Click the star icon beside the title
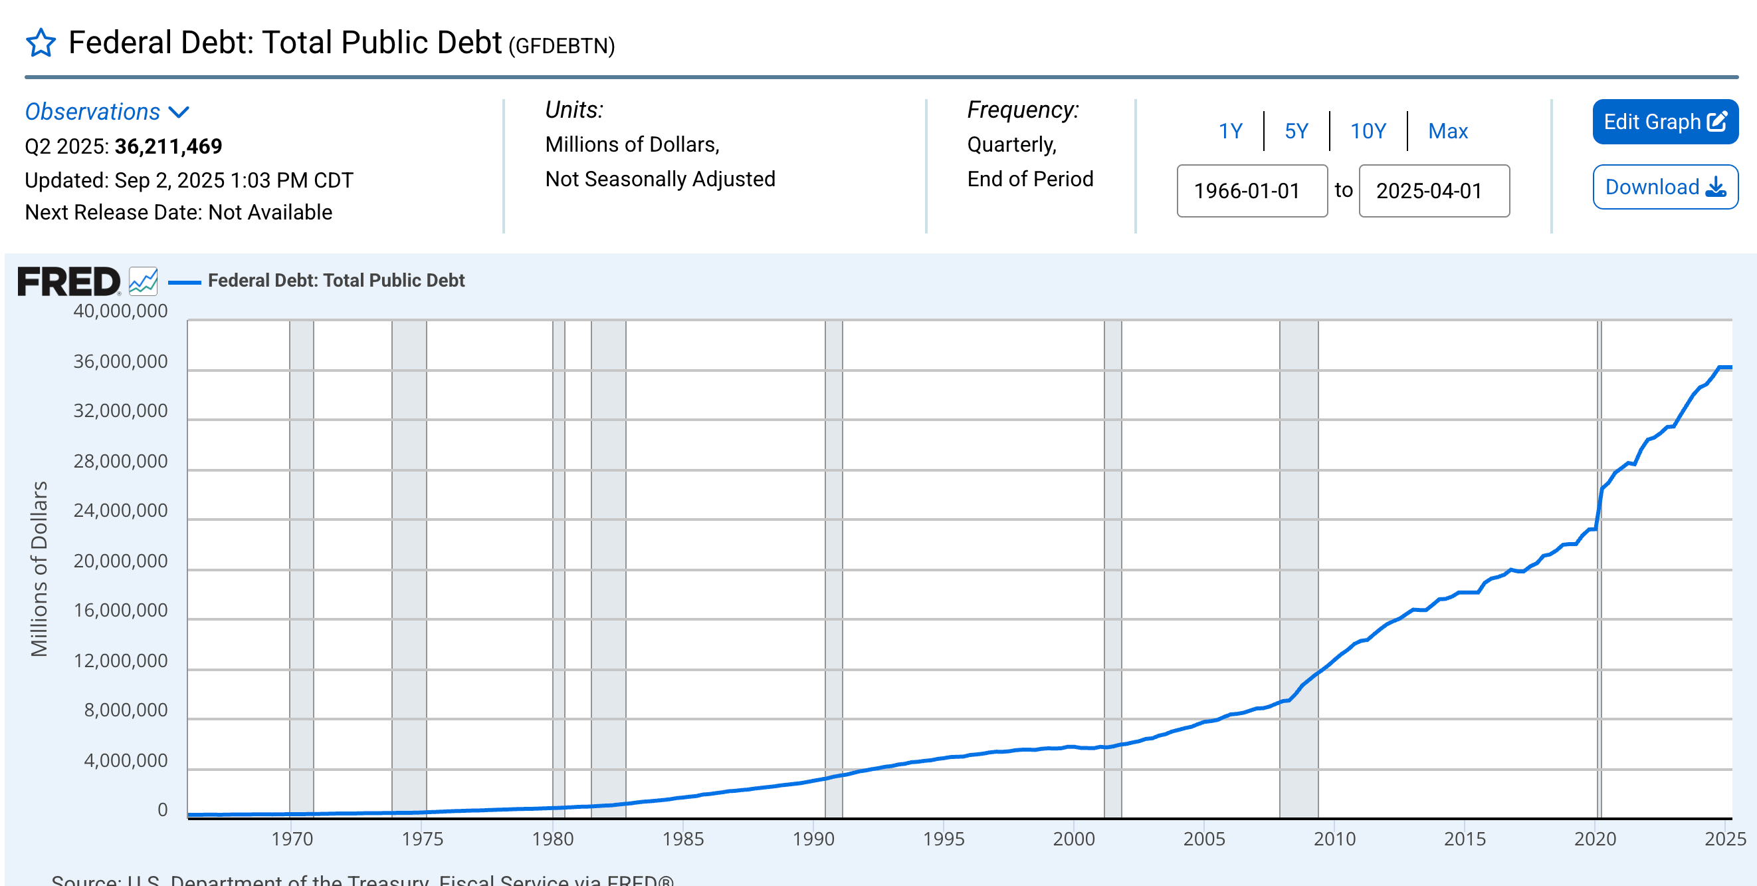coord(41,43)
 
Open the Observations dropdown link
coord(106,112)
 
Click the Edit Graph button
coord(1664,122)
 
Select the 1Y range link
coord(1230,131)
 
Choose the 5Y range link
coord(1296,131)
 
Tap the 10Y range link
coord(1368,131)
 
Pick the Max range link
coord(1447,131)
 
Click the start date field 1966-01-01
coord(1251,191)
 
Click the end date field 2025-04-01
coord(1433,191)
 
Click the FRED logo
coord(68,281)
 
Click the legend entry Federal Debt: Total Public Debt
coord(336,281)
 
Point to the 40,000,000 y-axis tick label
coord(120,311)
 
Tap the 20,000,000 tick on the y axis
coord(120,561)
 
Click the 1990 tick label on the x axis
coord(813,839)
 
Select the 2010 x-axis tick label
coord(1334,839)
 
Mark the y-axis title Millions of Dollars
coord(40,569)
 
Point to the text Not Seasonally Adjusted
coord(660,179)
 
